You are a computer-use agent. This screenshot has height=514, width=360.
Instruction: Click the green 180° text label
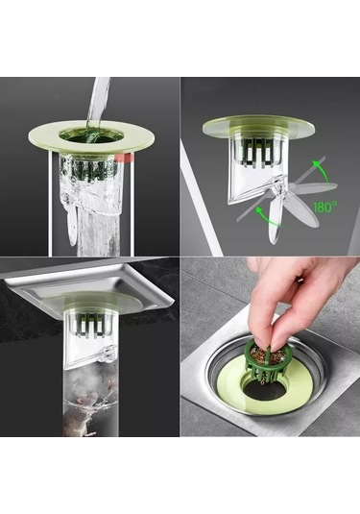click(324, 207)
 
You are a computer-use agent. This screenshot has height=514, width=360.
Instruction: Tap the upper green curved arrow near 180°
click(323, 169)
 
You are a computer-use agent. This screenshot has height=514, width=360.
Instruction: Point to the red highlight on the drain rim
click(125, 158)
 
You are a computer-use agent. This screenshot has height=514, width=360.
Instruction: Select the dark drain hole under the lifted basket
click(265, 391)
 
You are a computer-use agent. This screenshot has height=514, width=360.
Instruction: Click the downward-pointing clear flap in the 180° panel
click(275, 223)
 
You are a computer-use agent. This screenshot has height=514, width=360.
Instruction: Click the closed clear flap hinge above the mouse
click(108, 354)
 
